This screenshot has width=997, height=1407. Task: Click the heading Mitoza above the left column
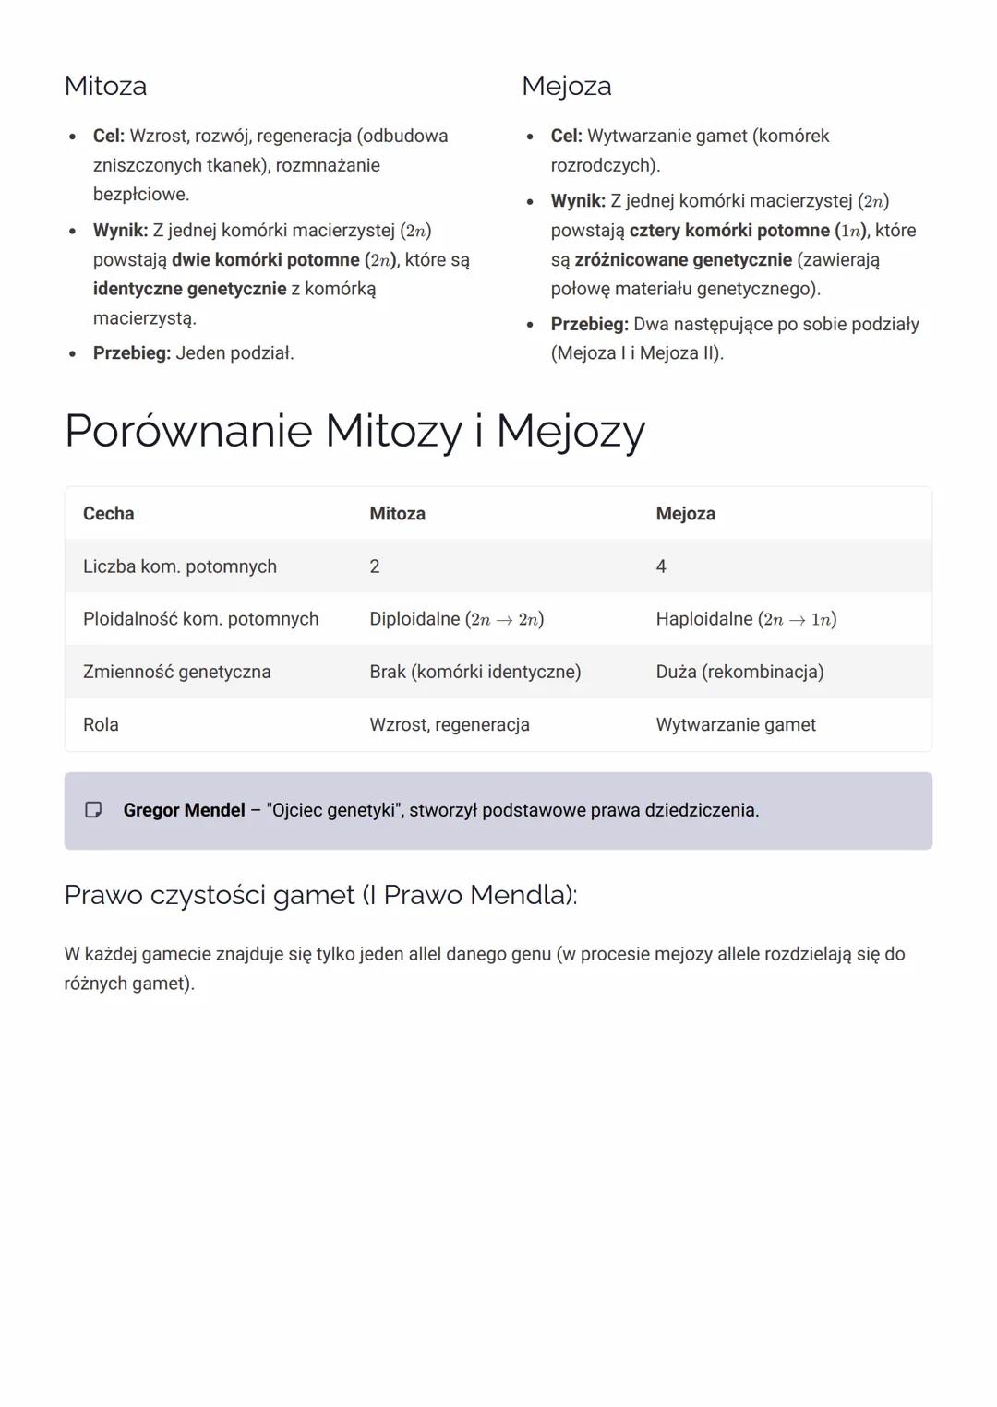(x=105, y=86)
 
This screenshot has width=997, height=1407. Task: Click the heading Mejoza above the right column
(x=566, y=86)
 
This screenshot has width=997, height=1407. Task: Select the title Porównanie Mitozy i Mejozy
(x=354, y=430)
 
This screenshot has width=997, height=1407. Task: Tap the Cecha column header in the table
(x=108, y=514)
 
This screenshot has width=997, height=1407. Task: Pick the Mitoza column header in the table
(x=397, y=514)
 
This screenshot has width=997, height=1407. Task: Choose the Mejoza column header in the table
(x=685, y=514)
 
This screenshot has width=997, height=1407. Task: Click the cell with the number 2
(x=375, y=566)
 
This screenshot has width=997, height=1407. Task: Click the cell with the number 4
(x=661, y=566)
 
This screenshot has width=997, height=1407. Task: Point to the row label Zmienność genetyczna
(x=176, y=672)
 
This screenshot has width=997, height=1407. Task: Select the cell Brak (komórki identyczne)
(x=474, y=672)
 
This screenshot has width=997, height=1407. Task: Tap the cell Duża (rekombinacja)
(x=739, y=672)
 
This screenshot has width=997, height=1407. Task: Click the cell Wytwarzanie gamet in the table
(x=736, y=724)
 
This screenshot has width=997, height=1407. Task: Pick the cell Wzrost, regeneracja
(x=449, y=724)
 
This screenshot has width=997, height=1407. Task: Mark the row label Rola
(x=101, y=724)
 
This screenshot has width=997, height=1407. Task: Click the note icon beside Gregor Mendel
(x=93, y=810)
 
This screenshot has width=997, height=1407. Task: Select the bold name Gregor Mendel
(x=184, y=810)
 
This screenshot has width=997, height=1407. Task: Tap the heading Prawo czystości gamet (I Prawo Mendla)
(x=320, y=895)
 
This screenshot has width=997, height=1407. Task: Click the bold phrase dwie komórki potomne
(x=265, y=260)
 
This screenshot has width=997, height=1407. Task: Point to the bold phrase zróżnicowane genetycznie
(x=683, y=260)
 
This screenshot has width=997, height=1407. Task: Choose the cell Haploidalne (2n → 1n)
(x=746, y=619)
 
